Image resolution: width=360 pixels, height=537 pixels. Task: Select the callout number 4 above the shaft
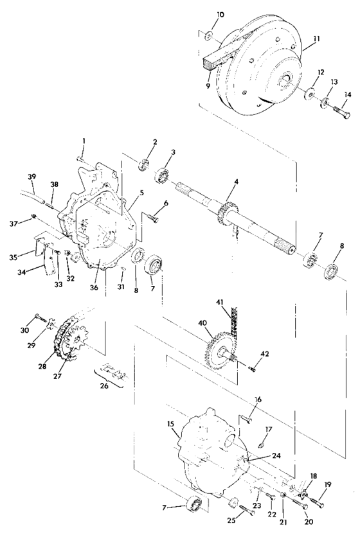235,182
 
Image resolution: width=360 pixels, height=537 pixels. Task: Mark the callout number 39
32,177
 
